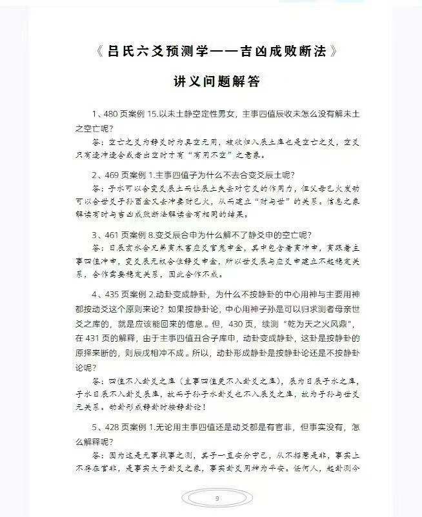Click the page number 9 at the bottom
[217, 498]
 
